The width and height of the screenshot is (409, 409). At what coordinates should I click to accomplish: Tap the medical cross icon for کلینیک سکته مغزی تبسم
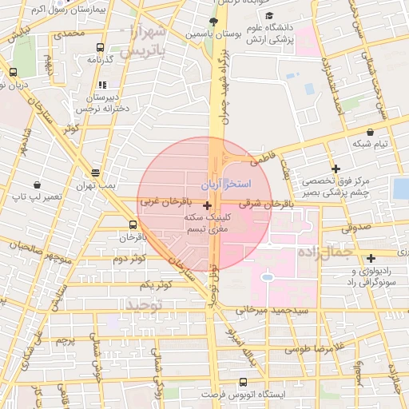(x=208, y=206)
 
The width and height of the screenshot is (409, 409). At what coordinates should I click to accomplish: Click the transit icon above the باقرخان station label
(x=133, y=225)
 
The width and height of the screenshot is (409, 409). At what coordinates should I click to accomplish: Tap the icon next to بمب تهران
(x=96, y=173)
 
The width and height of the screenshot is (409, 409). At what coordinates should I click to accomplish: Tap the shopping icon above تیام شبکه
(x=370, y=132)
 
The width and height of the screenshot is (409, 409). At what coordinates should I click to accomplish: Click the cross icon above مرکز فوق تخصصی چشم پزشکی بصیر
(x=336, y=169)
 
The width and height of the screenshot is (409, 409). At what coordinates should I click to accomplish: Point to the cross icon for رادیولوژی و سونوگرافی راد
(x=371, y=258)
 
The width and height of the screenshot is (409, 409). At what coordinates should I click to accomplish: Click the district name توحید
(x=144, y=304)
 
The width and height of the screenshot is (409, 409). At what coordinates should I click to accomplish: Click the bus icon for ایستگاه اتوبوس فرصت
(x=244, y=382)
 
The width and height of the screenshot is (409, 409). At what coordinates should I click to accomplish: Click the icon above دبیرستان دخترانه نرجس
(x=101, y=85)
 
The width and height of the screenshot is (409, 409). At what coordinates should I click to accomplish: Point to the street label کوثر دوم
(x=129, y=259)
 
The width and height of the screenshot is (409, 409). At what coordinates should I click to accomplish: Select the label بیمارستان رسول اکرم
(x=38, y=9)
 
